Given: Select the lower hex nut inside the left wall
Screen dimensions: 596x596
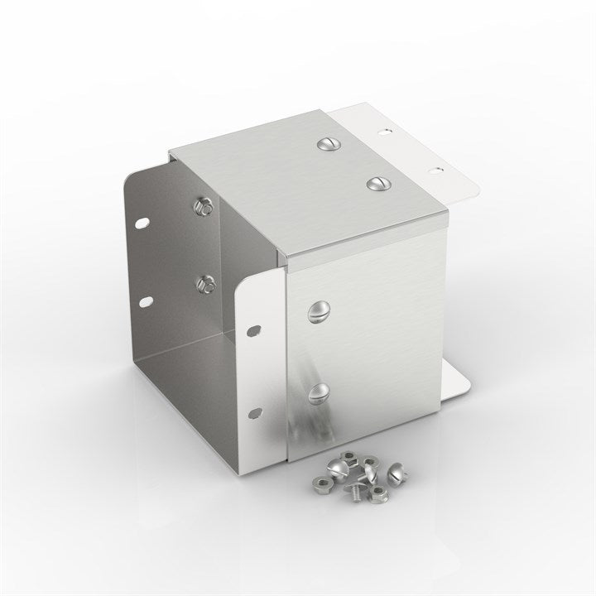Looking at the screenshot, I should [x=204, y=284].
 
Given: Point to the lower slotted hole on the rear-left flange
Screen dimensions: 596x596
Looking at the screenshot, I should [x=147, y=300].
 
